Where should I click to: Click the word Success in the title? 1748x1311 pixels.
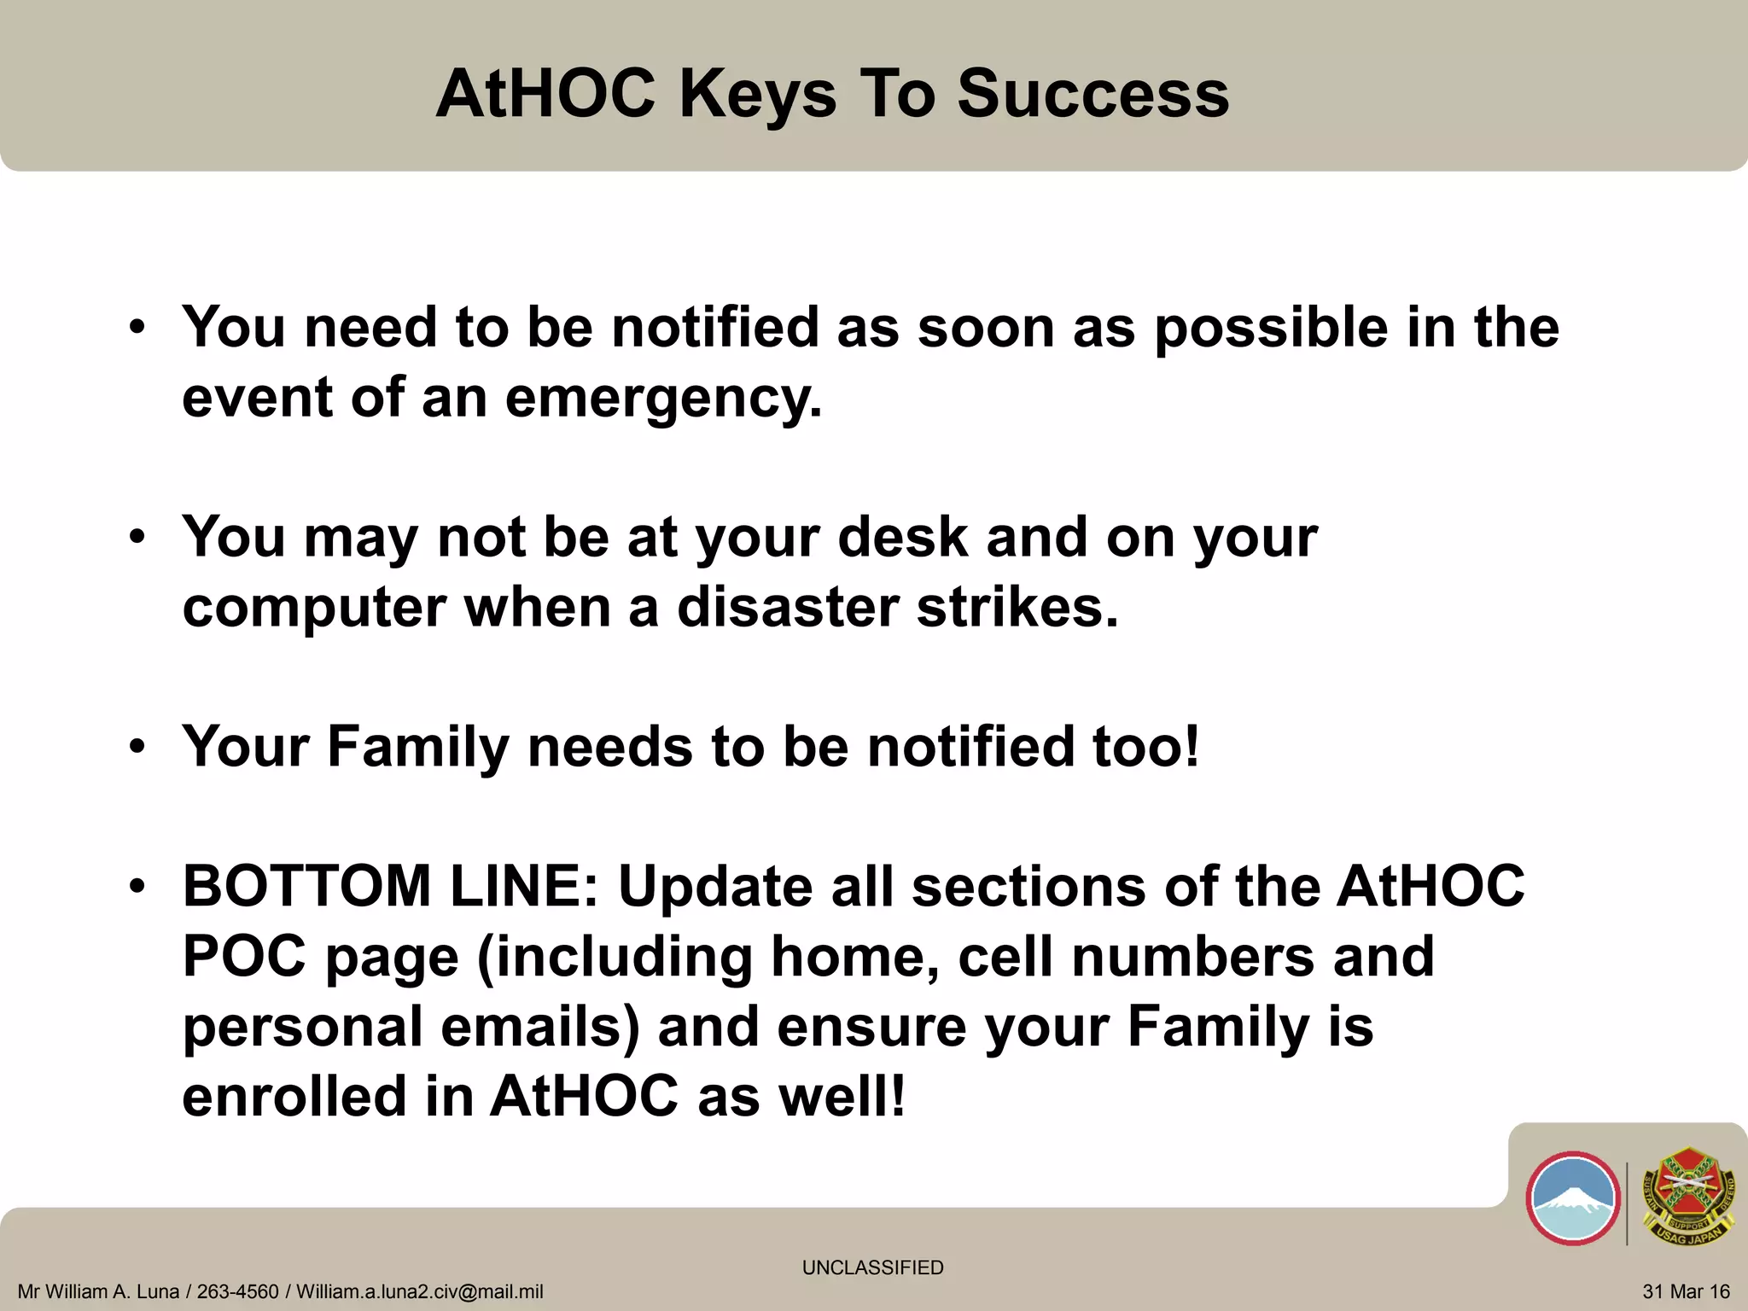click(x=1092, y=94)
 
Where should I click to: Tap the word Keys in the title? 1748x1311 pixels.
click(x=757, y=94)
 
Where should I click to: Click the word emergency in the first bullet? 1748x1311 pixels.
click(x=663, y=399)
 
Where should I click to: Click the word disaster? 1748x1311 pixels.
click(x=787, y=608)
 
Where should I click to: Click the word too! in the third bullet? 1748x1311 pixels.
click(x=1145, y=747)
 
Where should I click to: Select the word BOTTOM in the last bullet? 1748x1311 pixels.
click(x=306, y=886)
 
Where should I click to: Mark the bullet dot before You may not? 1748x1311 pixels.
click(x=137, y=539)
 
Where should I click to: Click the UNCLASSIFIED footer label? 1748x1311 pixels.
click(x=872, y=1267)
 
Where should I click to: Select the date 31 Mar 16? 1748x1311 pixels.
click(x=1686, y=1292)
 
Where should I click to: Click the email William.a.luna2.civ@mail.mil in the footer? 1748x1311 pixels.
click(x=419, y=1292)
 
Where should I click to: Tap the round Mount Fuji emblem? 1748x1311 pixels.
click(x=1572, y=1198)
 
